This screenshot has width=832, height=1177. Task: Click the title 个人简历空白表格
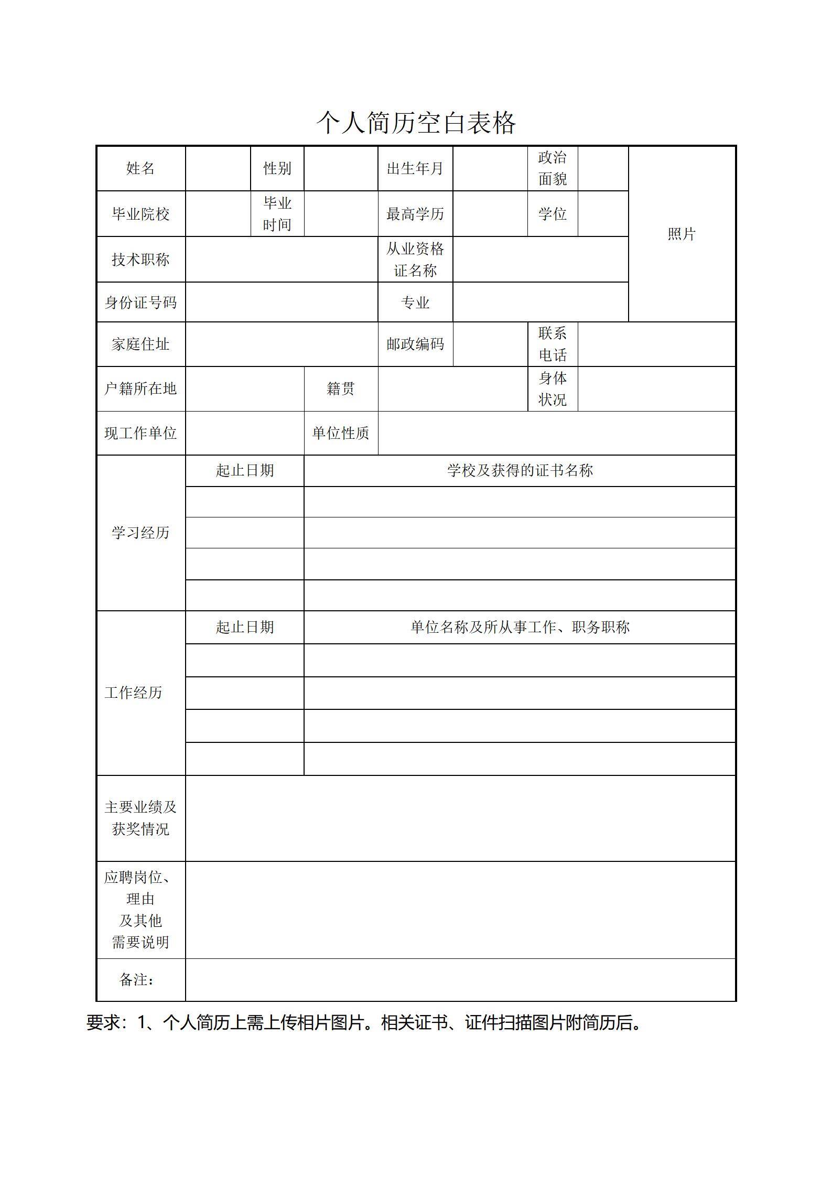(x=416, y=123)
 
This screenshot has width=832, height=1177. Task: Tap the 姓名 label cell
(x=141, y=168)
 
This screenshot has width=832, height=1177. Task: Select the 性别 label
(x=277, y=168)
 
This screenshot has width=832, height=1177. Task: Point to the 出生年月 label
(x=415, y=168)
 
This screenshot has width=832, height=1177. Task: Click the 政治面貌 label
(x=552, y=168)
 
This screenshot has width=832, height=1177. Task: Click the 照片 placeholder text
(x=681, y=234)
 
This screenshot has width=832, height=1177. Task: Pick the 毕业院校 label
(x=141, y=214)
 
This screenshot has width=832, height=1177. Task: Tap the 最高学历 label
(x=415, y=214)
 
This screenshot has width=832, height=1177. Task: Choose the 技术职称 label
(x=141, y=260)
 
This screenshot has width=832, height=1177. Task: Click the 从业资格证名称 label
(x=415, y=260)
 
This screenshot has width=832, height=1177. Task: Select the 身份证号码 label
(x=141, y=303)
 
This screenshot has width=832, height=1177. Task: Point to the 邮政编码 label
(x=415, y=344)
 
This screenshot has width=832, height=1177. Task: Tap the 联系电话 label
(x=552, y=344)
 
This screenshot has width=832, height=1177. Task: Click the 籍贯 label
(x=341, y=388)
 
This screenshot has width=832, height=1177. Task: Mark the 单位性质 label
(x=341, y=433)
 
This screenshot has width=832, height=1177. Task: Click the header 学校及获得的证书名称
(x=520, y=470)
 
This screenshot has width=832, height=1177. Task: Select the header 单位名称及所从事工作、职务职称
(x=520, y=627)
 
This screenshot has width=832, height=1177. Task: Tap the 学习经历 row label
(x=141, y=533)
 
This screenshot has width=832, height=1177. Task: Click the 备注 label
(x=137, y=979)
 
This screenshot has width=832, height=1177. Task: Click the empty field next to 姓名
(x=218, y=168)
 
